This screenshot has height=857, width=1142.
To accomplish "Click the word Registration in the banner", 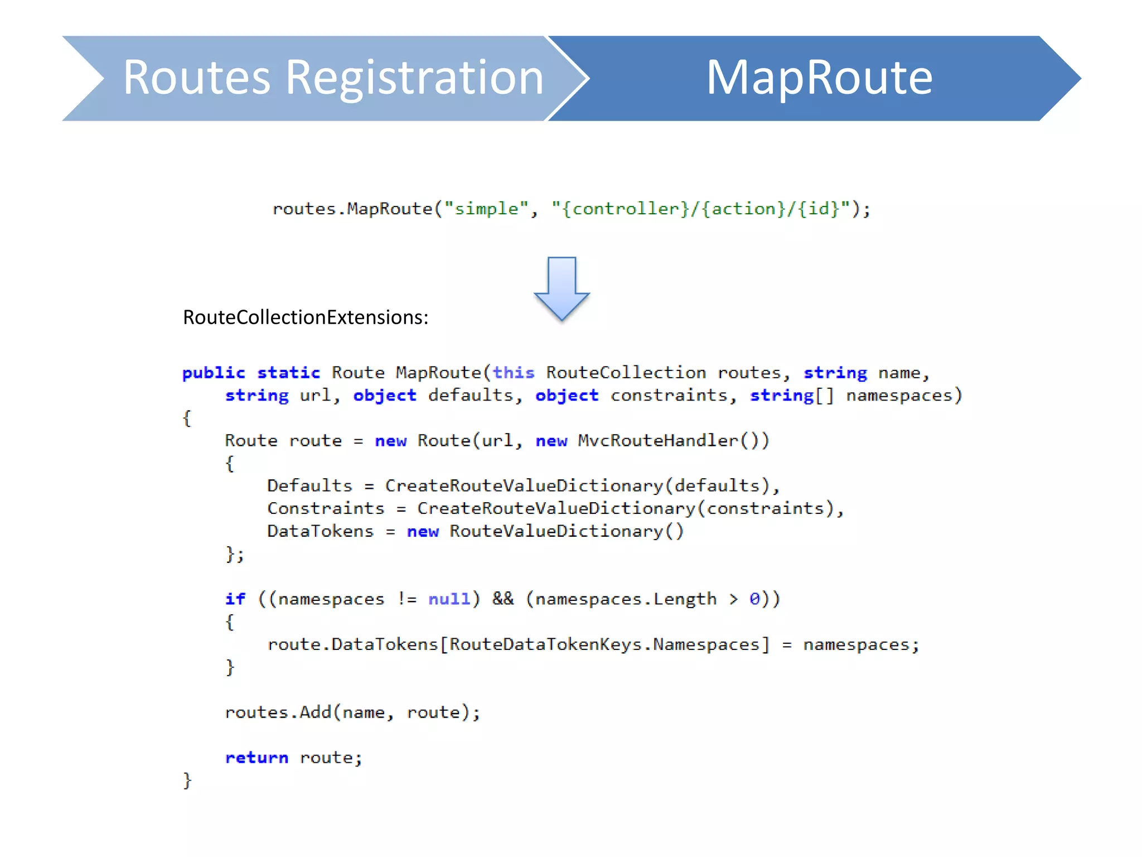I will pos(414,78).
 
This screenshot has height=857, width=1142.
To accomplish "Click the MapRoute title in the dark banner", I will pos(819,78).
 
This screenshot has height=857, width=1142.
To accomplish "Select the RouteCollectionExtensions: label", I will pos(306,317).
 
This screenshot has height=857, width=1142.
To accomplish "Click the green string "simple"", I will pos(486,209).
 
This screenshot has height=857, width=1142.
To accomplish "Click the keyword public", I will pos(214,373).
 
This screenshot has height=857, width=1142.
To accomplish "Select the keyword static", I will pos(288,373).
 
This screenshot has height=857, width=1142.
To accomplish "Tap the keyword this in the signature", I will pos(513,373).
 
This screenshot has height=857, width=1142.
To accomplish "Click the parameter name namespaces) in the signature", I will pos(904,396).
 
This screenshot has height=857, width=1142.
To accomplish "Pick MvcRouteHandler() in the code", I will pos(673,441).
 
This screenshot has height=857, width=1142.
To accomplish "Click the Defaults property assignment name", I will pos(309,486).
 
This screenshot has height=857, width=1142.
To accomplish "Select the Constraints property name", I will pos(326,509).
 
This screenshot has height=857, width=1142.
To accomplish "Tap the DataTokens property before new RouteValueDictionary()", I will pos(320,531).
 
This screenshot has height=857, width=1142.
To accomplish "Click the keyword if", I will pos(235,599).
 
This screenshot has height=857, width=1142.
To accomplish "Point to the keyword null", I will pos(449,599).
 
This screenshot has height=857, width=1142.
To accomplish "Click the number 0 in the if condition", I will pos(754,599).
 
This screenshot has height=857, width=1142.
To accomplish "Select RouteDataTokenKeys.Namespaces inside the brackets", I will pos(605,645).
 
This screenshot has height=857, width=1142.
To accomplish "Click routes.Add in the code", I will pos(278,712).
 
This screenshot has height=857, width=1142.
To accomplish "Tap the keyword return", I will pos(257,758).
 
